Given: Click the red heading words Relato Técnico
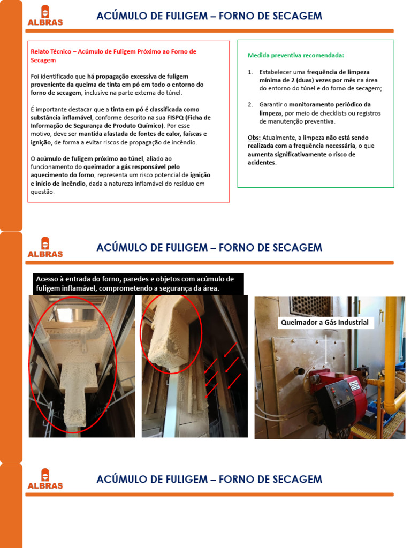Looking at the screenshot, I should (x=53, y=52).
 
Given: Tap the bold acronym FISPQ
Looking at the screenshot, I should (x=174, y=118).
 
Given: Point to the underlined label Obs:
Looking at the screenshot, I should (x=254, y=138).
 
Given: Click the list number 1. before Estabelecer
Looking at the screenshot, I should (x=250, y=72).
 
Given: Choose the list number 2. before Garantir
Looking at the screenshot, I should (x=250, y=105).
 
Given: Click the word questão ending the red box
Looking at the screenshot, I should (x=42, y=192).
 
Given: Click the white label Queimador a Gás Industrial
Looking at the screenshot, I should (x=325, y=323).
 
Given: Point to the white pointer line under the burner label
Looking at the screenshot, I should (x=326, y=348).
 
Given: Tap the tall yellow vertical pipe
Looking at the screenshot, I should (x=391, y=348).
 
